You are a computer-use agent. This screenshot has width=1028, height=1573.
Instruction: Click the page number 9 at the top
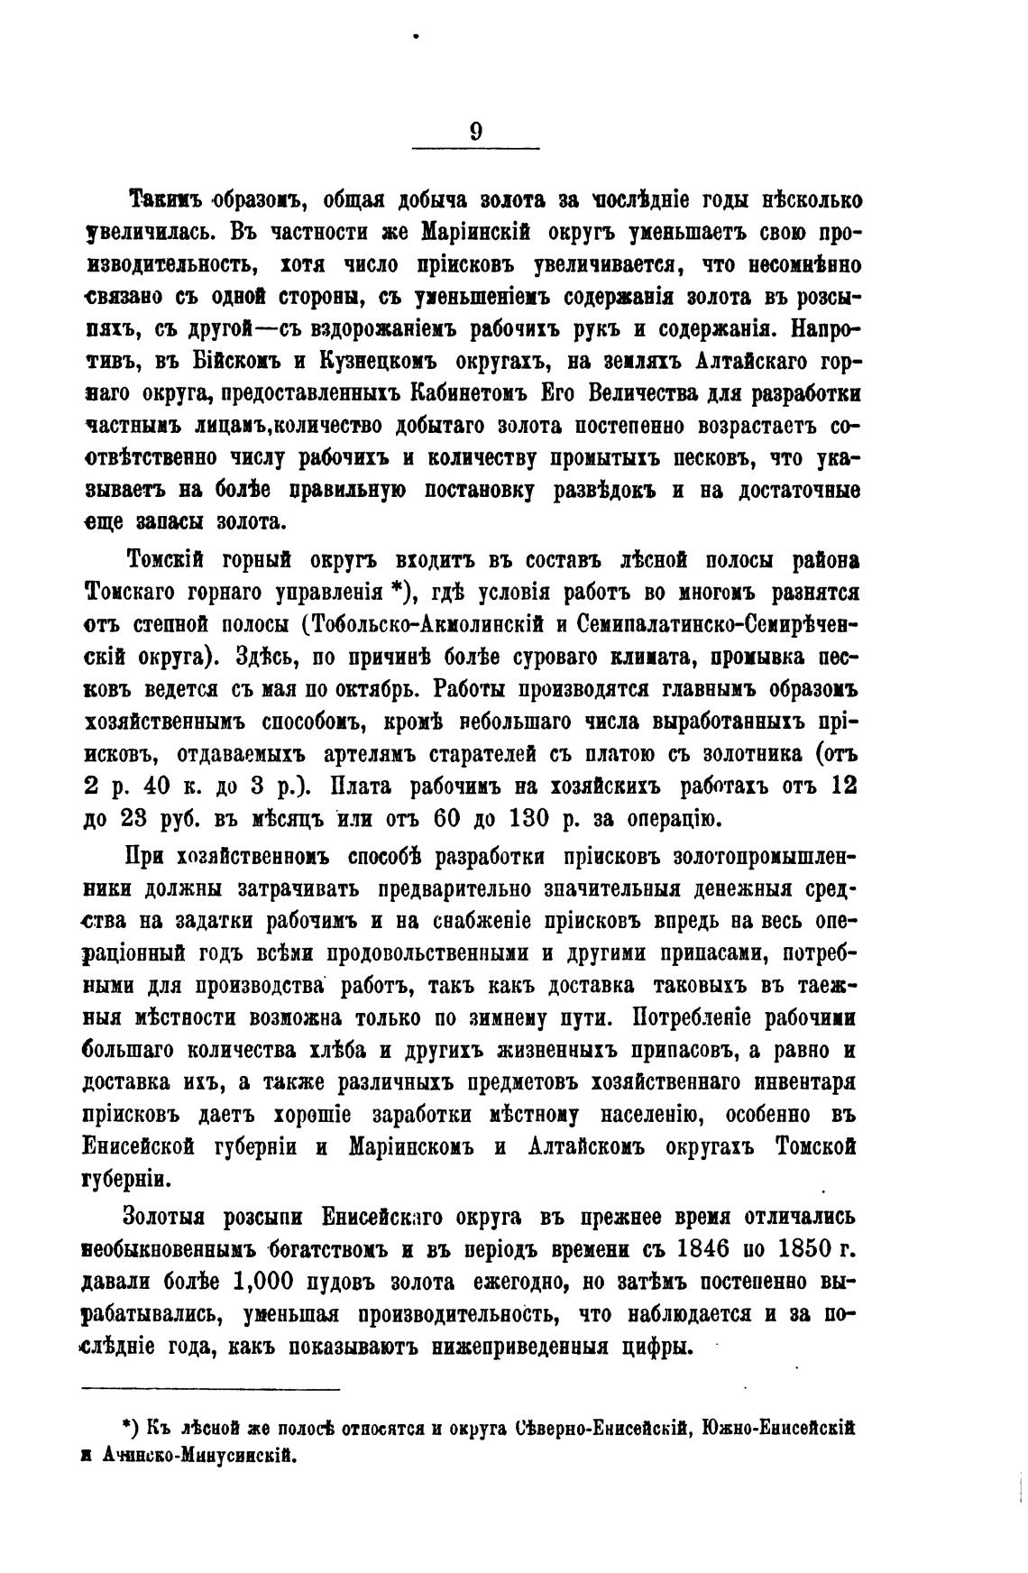475,132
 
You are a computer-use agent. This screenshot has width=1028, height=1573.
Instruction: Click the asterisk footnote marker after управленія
395,590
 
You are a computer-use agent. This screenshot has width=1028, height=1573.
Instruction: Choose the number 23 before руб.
139,818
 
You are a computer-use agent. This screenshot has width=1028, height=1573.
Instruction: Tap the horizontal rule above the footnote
211,1390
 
